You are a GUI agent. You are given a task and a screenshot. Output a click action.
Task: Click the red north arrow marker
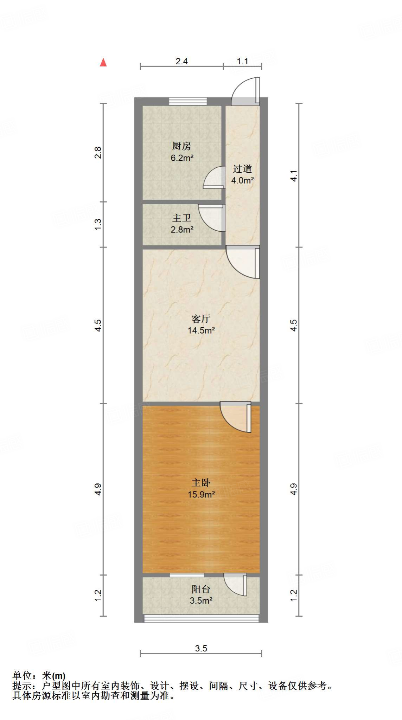click(x=103, y=63)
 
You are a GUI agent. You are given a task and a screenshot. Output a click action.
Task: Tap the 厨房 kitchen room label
click(x=181, y=146)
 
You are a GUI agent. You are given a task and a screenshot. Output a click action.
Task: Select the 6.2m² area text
click(x=182, y=158)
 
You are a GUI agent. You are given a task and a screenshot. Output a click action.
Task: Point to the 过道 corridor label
click(x=242, y=169)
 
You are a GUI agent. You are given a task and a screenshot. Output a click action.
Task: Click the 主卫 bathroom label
click(x=181, y=218)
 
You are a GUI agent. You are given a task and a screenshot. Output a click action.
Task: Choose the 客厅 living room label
click(x=201, y=319)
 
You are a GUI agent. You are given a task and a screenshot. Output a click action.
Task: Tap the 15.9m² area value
click(x=201, y=494)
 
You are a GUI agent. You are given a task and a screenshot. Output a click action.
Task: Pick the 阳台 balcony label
click(x=201, y=589)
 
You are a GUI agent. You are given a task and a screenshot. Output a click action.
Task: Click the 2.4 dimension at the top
click(x=181, y=62)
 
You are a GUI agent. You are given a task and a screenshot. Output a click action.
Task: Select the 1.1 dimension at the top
click(x=242, y=62)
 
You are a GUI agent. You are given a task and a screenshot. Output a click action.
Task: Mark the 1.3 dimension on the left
click(x=98, y=224)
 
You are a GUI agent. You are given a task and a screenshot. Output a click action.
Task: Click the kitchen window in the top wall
click(x=188, y=101)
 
